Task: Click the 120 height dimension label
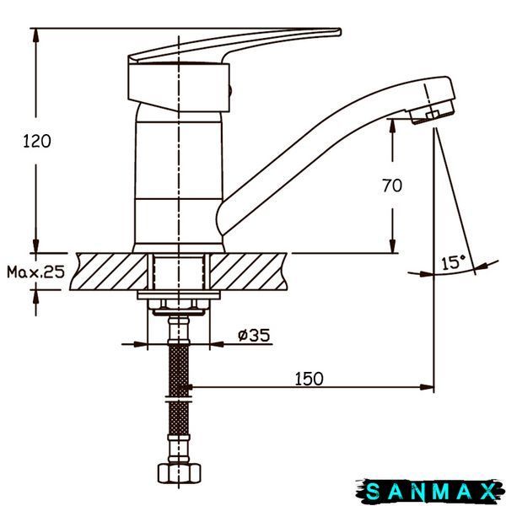pos(37,142)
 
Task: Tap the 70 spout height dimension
pos(392,186)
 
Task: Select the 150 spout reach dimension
pos(309,379)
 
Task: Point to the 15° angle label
pos(454,262)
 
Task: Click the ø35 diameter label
pos(254,335)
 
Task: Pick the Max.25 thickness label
pos(35,272)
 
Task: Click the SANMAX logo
pos(431,492)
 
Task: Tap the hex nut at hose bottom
pos(179,473)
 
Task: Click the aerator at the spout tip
pos(432,112)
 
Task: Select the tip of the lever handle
pos(339,32)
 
